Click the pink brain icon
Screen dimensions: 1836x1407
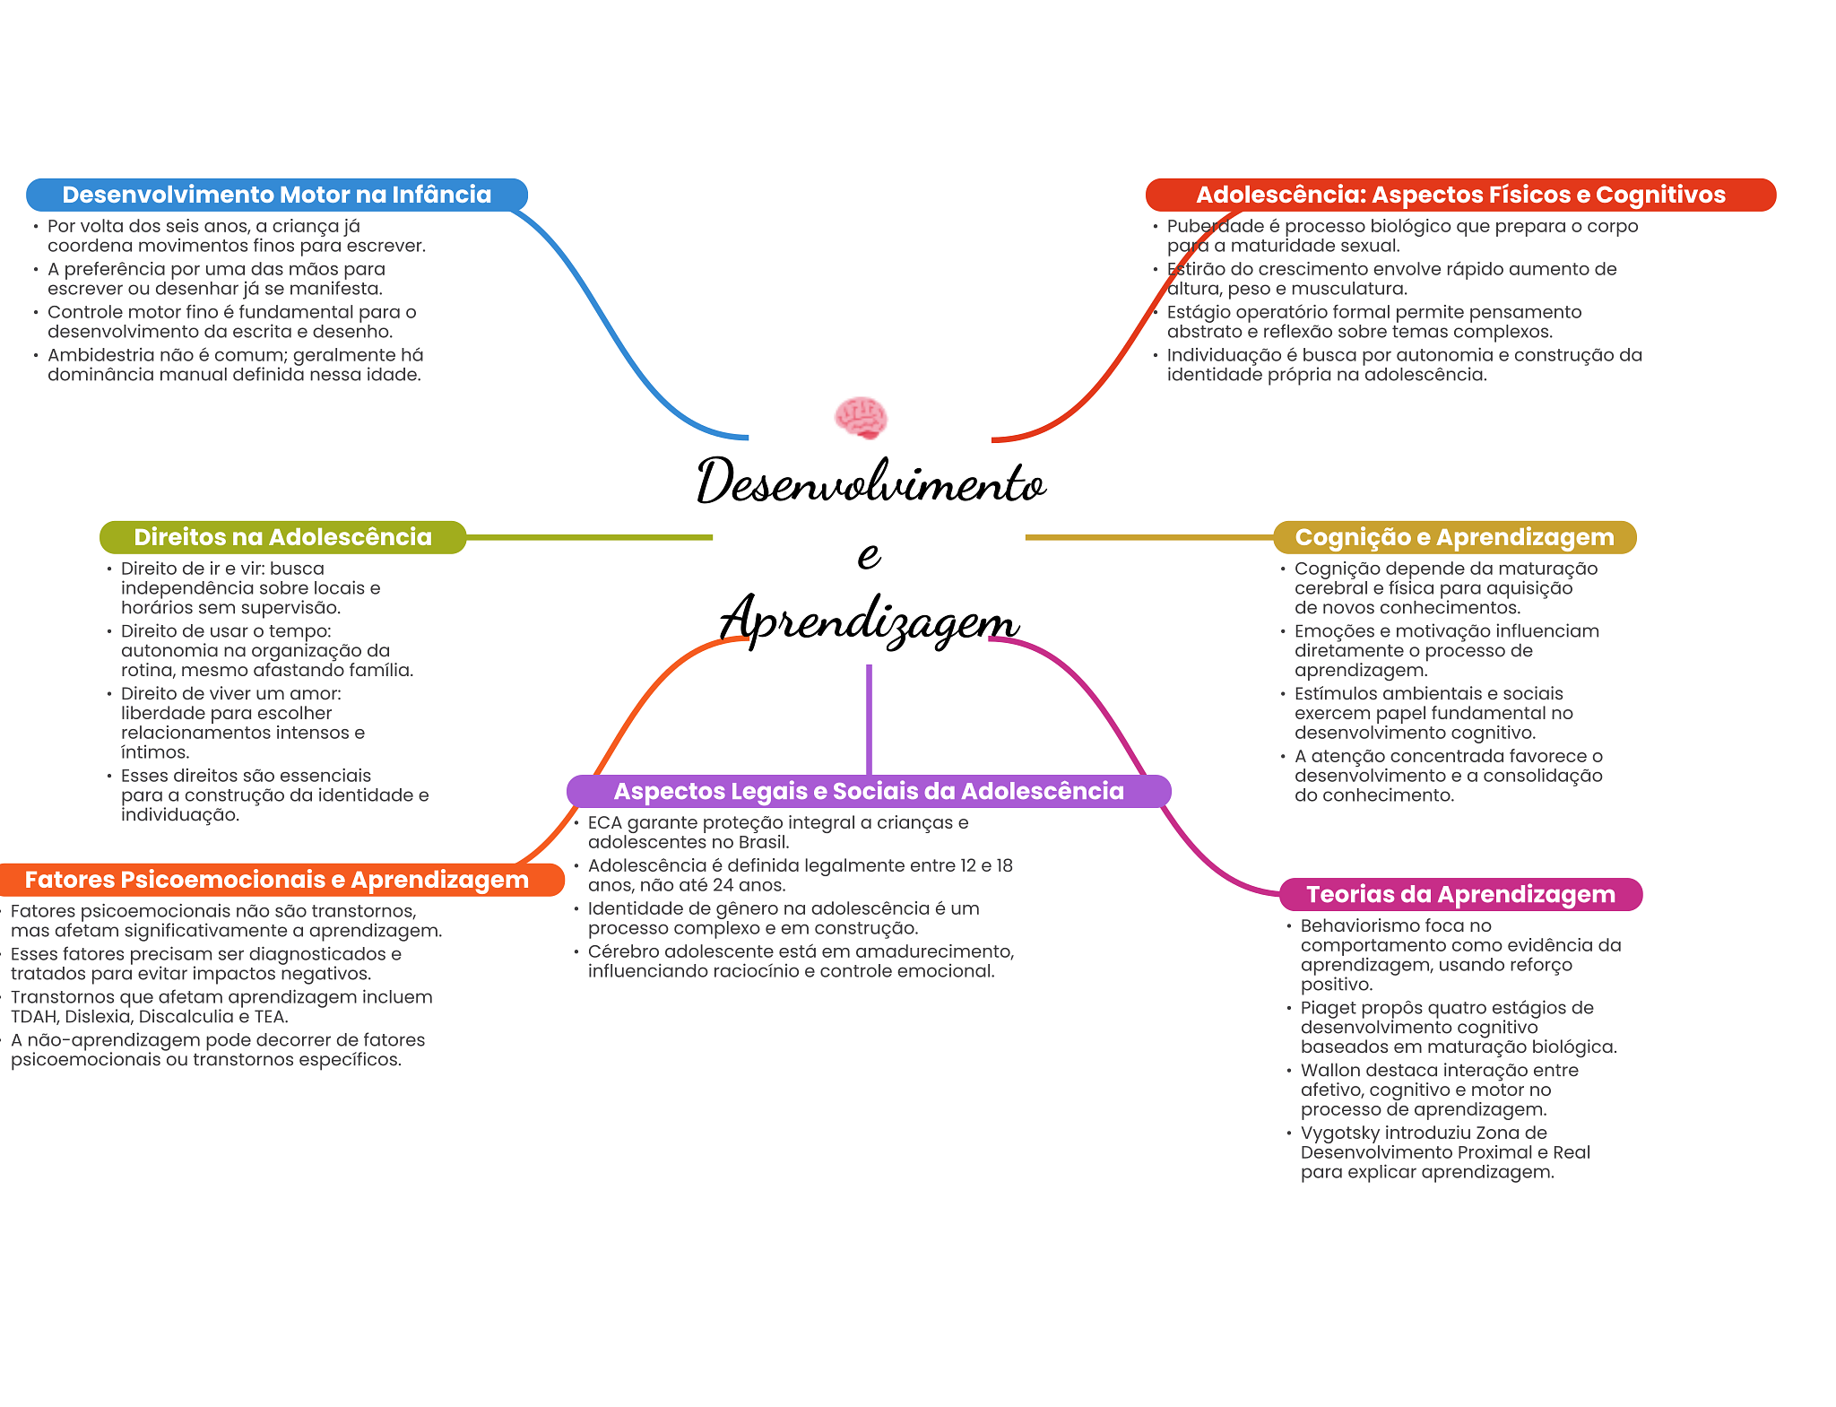tap(861, 418)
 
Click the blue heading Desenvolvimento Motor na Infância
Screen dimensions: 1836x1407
tap(277, 195)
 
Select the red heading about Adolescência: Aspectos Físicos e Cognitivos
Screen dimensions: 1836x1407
tap(1460, 195)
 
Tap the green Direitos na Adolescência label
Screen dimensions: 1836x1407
tap(282, 537)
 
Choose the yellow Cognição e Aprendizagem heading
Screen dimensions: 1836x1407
tap(1454, 537)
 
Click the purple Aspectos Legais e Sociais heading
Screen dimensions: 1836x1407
tap(869, 791)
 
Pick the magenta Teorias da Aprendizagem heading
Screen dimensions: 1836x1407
tap(1460, 894)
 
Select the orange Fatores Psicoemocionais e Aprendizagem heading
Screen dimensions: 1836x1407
tap(277, 880)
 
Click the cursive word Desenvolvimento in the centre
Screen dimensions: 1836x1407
tap(870, 482)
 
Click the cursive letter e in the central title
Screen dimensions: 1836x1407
tap(869, 555)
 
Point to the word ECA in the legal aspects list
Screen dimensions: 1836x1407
tap(605, 822)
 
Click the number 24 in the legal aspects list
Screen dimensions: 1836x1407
tap(723, 885)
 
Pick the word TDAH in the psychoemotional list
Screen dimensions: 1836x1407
tap(33, 1017)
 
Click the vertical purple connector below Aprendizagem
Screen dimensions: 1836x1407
tap(869, 719)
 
